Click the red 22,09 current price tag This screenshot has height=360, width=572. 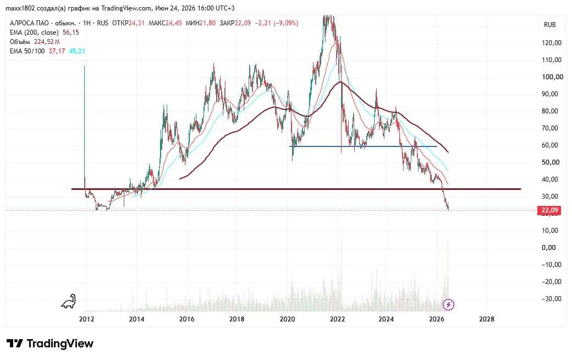click(549, 210)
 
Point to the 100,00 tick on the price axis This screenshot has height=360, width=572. click(552, 77)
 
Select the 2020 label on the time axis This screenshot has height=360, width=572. click(287, 319)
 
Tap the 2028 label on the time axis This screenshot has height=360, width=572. click(487, 319)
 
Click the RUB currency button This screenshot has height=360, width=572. click(550, 24)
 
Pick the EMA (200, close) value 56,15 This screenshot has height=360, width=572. click(71, 32)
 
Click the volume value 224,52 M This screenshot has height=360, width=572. click(47, 42)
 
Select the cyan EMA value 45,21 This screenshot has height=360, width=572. click(77, 51)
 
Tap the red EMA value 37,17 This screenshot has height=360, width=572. click(57, 51)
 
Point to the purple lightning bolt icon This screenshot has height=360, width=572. click(448, 304)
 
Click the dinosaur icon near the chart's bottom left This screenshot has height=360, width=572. click(69, 301)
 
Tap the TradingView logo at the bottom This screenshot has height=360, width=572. click(50, 343)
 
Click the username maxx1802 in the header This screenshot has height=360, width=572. click(20, 8)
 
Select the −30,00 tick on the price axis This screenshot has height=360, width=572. click(551, 299)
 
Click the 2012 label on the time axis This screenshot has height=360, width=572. click(86, 319)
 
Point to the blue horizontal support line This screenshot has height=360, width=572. click(363, 146)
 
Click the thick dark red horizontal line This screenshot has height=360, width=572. click(296, 189)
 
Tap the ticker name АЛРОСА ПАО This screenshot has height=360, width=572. click(29, 23)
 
